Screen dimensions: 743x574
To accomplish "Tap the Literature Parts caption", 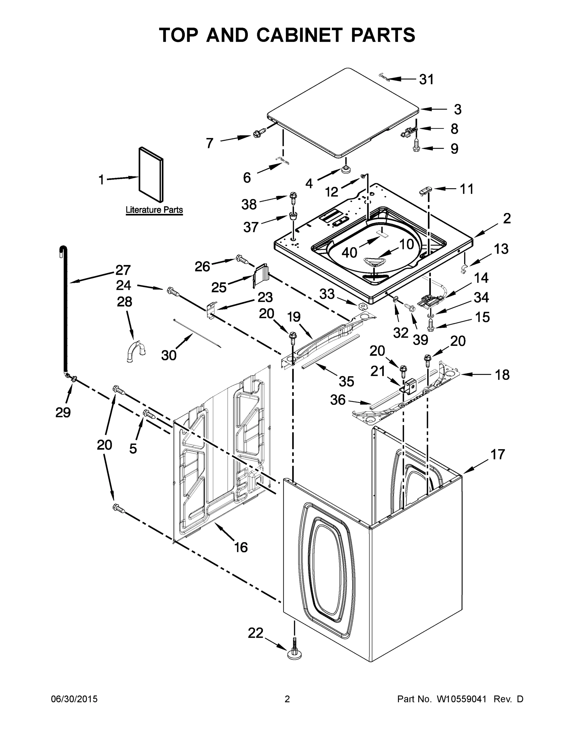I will pos(154,210).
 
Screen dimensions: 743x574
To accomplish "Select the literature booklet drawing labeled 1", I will pos(151,174).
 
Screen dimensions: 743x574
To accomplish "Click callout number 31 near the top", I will pos(426,79).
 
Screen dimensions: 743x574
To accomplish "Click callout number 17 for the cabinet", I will pos(498,454).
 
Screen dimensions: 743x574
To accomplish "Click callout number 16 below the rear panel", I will pos(241,547).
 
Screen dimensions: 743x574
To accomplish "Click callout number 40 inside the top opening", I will pos(349,252).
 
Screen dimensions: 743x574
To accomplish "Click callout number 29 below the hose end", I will pos(63,412).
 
